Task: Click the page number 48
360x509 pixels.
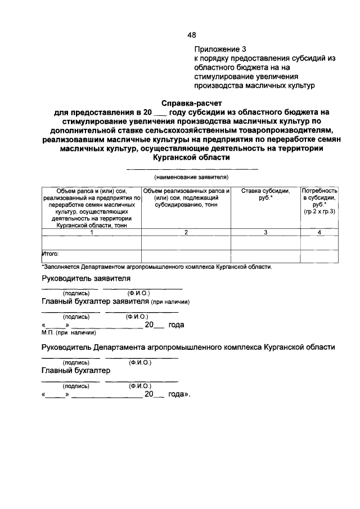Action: pos(191,35)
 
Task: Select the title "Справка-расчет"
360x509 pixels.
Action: pos(191,103)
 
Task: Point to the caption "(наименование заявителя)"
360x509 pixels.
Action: pos(191,177)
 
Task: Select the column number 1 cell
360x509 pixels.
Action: pos(91,232)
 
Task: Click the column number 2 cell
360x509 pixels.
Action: pos(186,232)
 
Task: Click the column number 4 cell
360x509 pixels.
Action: pos(319,232)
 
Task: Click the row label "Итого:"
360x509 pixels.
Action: pos(51,254)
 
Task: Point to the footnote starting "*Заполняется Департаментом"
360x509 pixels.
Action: pos(157,267)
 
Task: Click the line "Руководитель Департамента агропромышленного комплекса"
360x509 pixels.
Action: pos(188,348)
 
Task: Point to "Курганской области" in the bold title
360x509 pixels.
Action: pos(191,158)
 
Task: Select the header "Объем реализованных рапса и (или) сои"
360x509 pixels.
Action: pos(186,199)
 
